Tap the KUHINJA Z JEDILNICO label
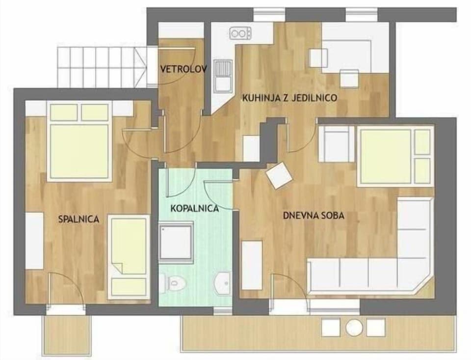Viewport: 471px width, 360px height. [289, 98]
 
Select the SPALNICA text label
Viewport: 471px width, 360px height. [78, 219]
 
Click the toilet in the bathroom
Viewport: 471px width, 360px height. [175, 282]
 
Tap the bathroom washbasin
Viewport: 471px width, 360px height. [224, 282]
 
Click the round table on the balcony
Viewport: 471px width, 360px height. [353, 327]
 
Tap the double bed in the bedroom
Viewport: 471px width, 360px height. [78, 142]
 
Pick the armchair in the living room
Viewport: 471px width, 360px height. [336, 143]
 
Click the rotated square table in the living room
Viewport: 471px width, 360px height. [279, 176]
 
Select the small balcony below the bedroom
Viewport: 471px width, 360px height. [68, 334]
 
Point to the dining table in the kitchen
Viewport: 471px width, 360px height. [346, 55]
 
